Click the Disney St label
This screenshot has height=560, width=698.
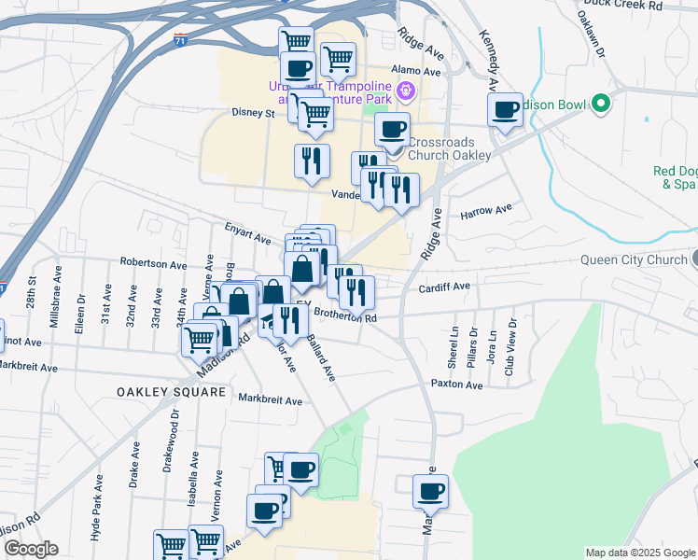pos(253,114)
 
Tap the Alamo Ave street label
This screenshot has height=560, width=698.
pos(416,70)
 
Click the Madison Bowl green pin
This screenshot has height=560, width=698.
pos(602,104)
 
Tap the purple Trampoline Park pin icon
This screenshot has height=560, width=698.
pos(406,91)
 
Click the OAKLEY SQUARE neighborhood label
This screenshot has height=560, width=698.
pos(172,392)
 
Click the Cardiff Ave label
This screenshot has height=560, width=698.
pos(445,287)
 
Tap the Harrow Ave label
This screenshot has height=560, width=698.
pos(487,211)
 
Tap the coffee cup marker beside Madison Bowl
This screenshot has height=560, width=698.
pos(505,110)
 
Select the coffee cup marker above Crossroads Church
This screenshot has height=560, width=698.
pos(393,129)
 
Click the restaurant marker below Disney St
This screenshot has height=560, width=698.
pos(312,161)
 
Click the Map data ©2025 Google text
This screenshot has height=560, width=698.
pos(639,553)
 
